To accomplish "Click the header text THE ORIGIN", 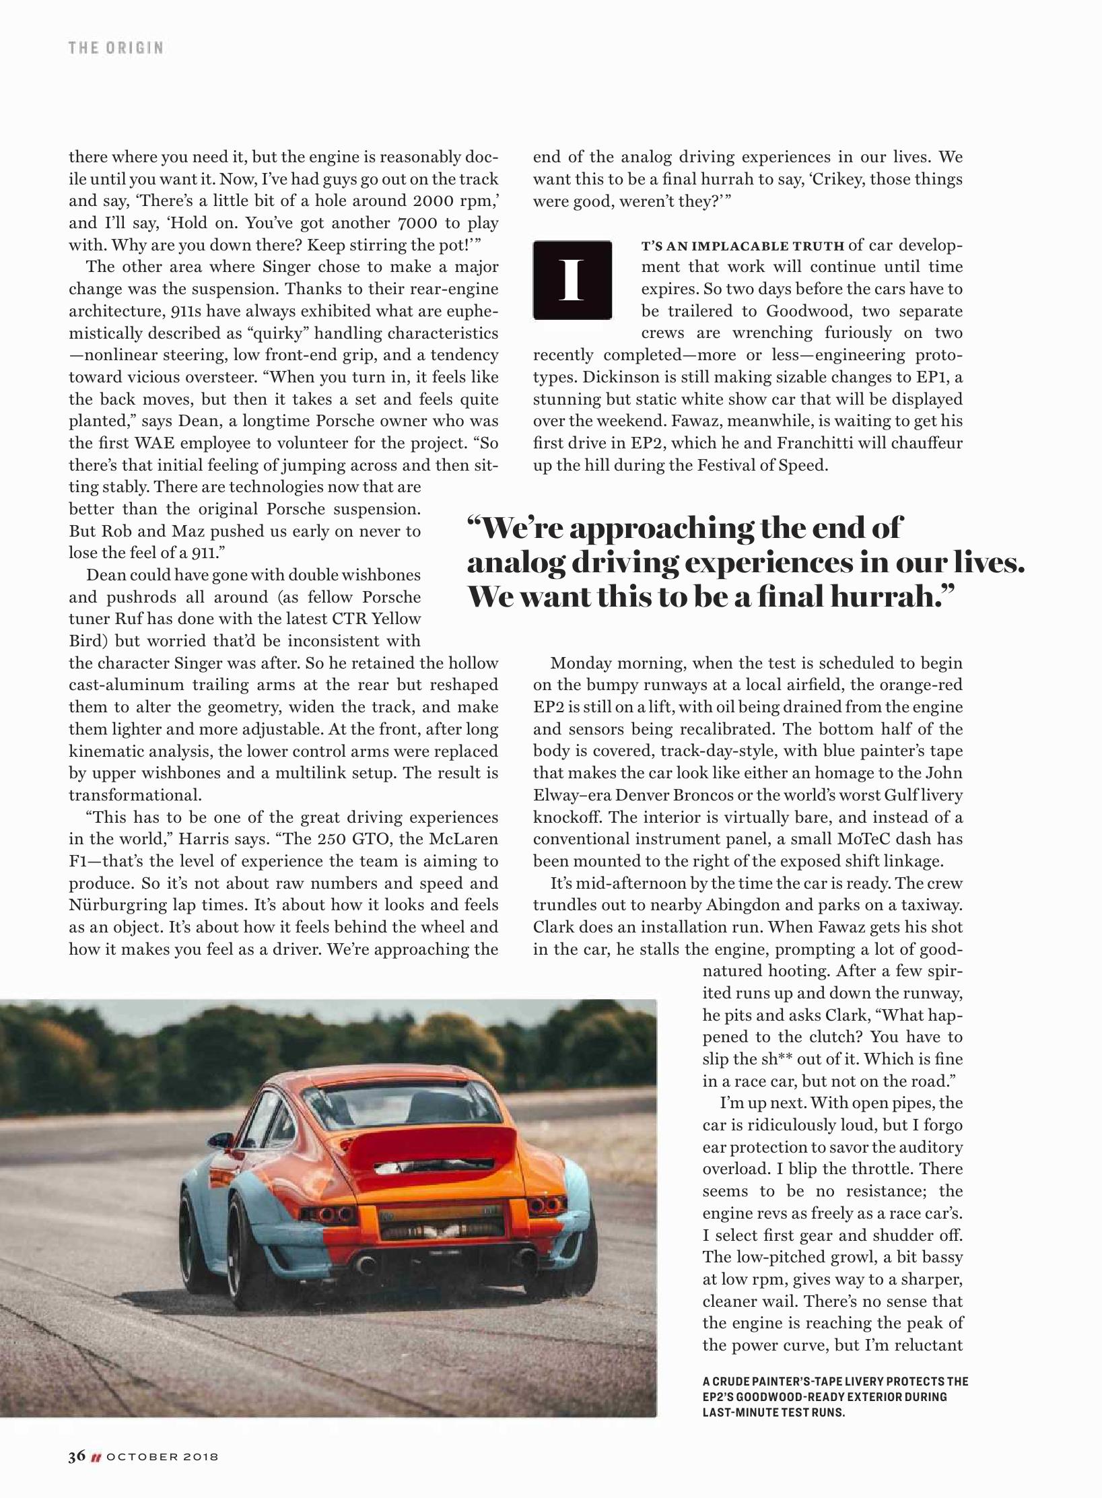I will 115,48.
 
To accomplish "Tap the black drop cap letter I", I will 572,279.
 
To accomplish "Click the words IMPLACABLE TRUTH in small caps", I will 761,245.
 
